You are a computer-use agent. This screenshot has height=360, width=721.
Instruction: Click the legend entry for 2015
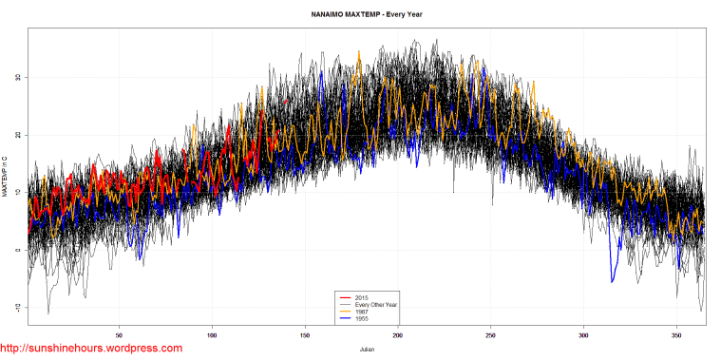coord(358,297)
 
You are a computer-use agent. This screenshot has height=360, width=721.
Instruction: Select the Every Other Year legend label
coord(370,304)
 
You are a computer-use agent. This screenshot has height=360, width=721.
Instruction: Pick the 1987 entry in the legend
coord(358,311)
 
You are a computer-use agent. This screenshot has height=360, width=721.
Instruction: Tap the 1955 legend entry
coord(358,317)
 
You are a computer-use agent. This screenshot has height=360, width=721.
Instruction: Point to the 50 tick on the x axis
coord(119,335)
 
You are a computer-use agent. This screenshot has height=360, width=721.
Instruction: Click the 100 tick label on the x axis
coord(212,335)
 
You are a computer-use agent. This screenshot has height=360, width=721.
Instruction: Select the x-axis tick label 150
coord(305,335)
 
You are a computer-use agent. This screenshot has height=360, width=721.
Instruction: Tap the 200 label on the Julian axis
coord(398,335)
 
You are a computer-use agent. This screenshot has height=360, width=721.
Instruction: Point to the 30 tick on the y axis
coord(17,77)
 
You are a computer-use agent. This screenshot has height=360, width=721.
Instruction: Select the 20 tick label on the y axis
coord(17,135)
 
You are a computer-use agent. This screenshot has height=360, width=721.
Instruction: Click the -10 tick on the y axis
coord(17,308)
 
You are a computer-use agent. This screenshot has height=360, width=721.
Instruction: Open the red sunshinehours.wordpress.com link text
coord(91,350)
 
